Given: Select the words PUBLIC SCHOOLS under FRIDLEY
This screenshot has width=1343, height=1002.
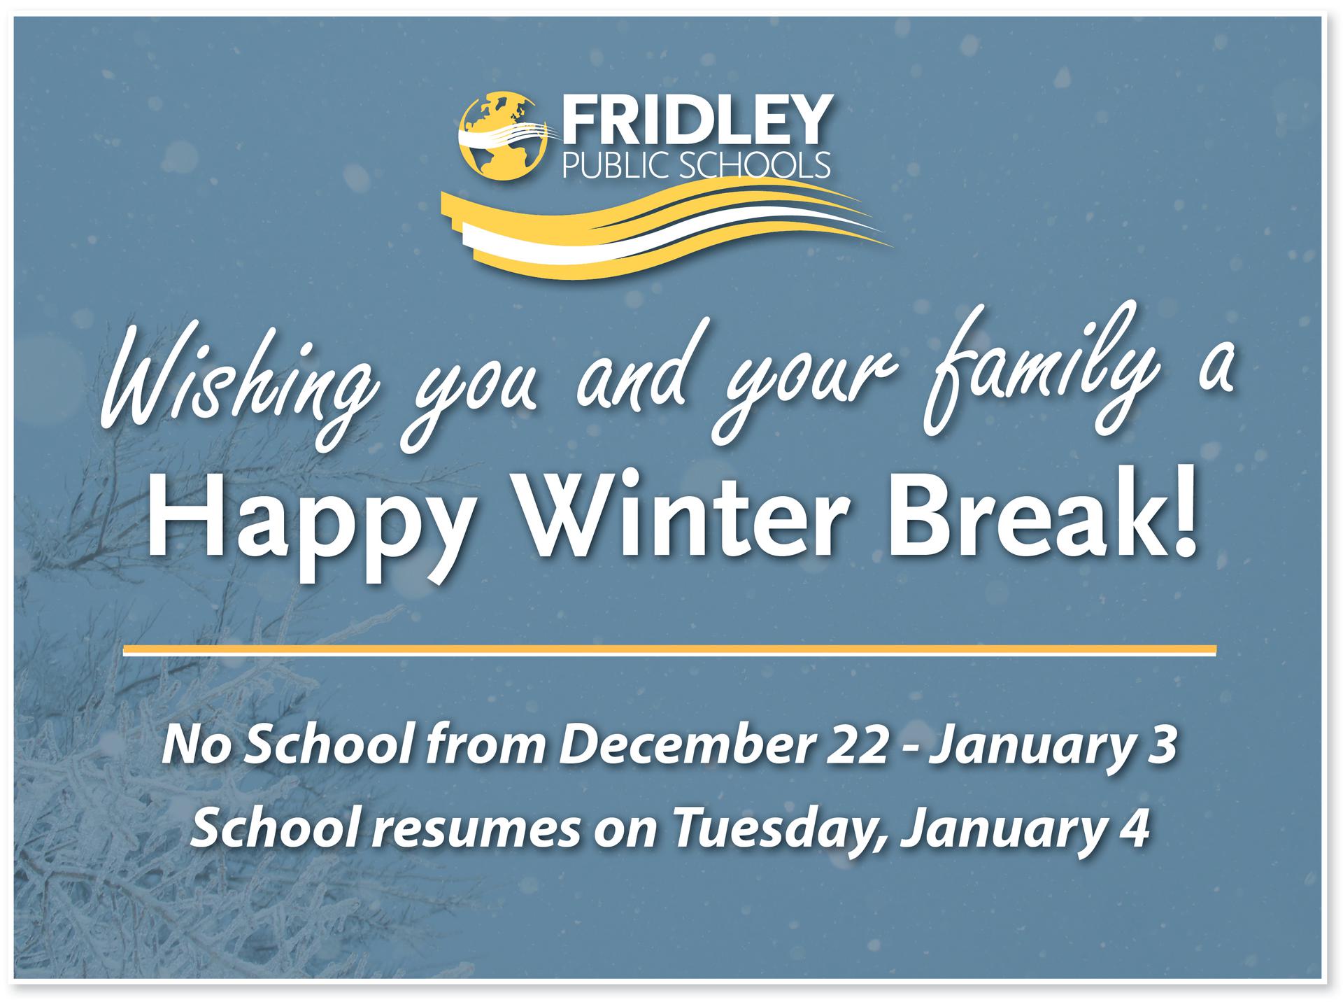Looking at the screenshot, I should point(696,165).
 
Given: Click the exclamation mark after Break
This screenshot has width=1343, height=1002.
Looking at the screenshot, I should point(1182,521).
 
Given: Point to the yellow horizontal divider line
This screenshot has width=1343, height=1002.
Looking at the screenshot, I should point(669,651).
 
